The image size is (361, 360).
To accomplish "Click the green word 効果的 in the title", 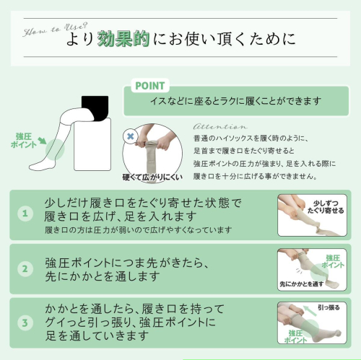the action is pyautogui.click(x=123, y=39).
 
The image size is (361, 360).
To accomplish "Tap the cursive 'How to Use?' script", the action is pyautogui.click(x=56, y=30).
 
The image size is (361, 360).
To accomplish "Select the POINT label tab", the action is pyautogui.click(x=150, y=86).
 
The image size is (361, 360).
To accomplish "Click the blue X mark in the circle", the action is pyautogui.click(x=130, y=136).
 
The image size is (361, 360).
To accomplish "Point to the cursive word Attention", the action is pyautogui.click(x=220, y=126).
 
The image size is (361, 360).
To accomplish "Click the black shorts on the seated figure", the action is pyautogui.click(x=95, y=107).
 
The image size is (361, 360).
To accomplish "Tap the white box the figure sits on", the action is pyautogui.click(x=92, y=144).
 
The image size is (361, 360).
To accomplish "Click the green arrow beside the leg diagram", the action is pyautogui.click(x=43, y=141).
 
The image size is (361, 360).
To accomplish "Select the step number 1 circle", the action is pyautogui.click(x=25, y=214).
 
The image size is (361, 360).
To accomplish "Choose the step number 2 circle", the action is pyautogui.click(x=25, y=268).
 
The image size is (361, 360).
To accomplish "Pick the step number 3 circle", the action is pyautogui.click(x=25, y=322).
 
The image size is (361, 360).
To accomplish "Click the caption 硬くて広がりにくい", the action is pyautogui.click(x=152, y=177).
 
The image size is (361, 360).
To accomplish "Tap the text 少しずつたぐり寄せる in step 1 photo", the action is pyautogui.click(x=326, y=207).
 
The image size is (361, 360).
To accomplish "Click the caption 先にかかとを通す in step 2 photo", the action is pyautogui.click(x=302, y=284).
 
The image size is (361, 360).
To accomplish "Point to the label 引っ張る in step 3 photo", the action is pyautogui.click(x=329, y=307).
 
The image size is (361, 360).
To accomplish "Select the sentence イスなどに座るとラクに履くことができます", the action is pyautogui.click(x=236, y=101).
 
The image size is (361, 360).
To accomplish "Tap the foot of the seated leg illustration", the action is pyautogui.click(x=42, y=165).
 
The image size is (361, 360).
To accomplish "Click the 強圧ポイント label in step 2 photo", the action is pyautogui.click(x=333, y=262).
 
